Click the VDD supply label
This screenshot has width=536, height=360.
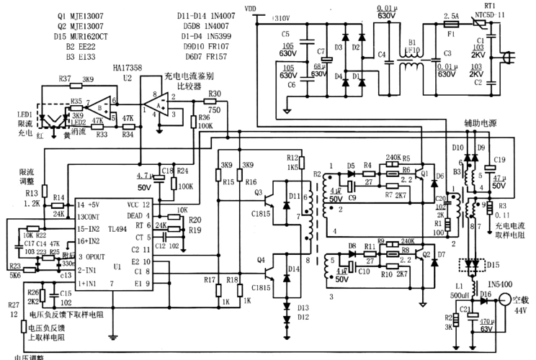(x=249, y=9)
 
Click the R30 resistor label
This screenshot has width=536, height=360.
(x=215, y=94)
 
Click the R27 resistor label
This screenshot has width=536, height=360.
(x=14, y=305)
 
